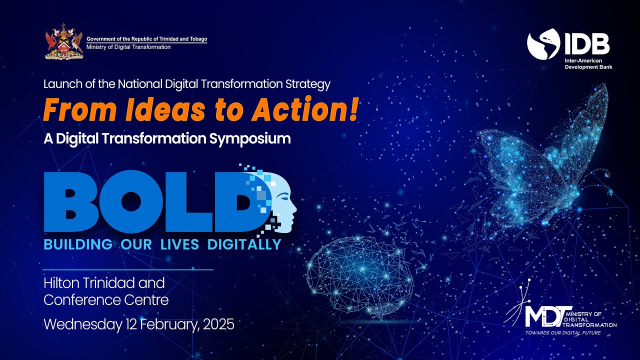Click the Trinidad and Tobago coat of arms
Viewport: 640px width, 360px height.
point(63,42)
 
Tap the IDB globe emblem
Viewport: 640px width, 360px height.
point(543,43)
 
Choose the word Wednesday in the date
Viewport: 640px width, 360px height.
point(82,324)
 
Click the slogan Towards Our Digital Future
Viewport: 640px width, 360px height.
point(562,332)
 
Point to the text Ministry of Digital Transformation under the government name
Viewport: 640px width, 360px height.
point(128,47)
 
